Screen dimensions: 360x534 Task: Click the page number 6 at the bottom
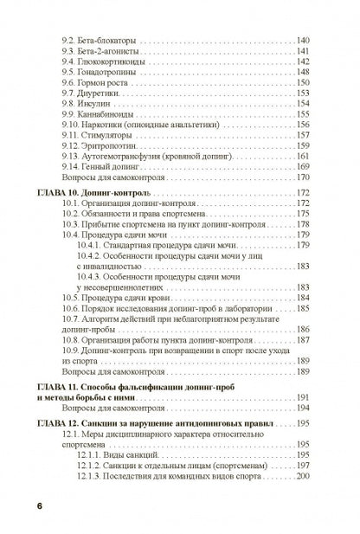pos(39,505)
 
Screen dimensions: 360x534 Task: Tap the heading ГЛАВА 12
pos(64,423)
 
